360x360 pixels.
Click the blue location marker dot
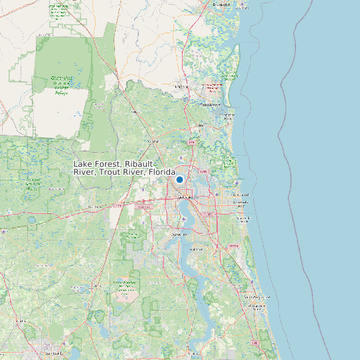(179, 179)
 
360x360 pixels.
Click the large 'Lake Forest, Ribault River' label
(124, 167)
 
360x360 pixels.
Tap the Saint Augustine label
(258, 306)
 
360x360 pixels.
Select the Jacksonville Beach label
(241, 203)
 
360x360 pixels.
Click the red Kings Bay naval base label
(212, 87)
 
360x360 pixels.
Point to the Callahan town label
(154, 141)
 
